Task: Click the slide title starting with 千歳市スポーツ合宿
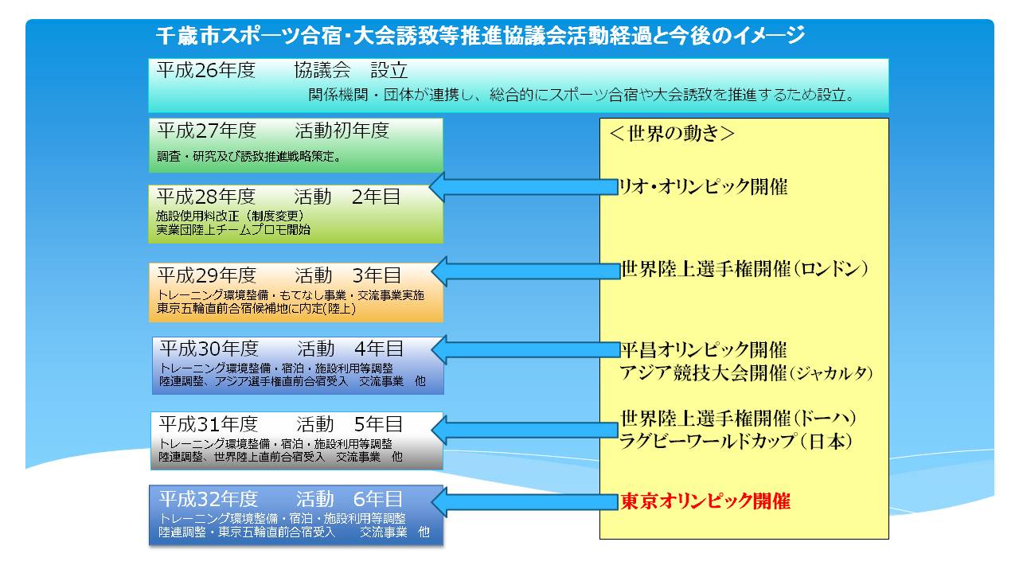480,36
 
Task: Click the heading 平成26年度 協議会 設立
282,70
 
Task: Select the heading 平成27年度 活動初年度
273,131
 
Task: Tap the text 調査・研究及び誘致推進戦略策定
249,157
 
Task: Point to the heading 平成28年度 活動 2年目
279,197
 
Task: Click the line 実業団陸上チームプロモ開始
233,230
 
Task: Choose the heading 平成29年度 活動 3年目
279,275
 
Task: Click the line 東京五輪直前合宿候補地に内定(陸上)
256,309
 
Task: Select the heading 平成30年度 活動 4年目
282,349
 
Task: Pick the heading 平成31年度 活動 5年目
281,424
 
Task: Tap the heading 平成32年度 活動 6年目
281,499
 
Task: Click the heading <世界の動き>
672,133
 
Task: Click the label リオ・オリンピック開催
703,187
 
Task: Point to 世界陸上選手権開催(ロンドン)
744,269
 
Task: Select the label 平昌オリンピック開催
704,349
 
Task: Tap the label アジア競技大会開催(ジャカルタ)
746,373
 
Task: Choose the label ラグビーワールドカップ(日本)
736,441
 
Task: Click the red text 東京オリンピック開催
705,501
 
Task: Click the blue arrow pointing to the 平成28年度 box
524,187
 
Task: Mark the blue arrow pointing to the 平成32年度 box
525,501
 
